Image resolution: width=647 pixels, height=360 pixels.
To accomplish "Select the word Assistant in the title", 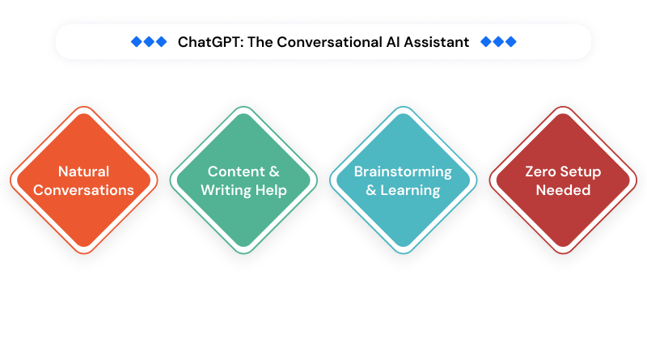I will pos(436,42).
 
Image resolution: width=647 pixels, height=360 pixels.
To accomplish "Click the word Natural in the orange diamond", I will pos(83,172).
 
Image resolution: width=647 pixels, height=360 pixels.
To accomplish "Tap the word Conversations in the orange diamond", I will pos(83,191).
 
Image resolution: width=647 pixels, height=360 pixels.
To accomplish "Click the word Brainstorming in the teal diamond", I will pos(403,172).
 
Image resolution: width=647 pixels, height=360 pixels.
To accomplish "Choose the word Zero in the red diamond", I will pos(542,172).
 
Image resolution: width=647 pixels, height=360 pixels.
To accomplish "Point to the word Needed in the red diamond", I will pos(562,191).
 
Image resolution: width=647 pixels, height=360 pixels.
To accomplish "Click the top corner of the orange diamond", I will pos(83,108).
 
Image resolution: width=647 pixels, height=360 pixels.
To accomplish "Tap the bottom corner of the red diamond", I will pos(562,253).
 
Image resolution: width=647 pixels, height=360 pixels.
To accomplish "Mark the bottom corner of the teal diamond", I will pos(403,253).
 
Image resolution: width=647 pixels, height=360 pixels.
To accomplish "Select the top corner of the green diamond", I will pos(243,108).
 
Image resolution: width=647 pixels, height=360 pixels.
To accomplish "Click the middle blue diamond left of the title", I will pos(148,42).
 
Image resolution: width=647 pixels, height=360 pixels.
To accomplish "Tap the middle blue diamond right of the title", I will pos(498,42).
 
